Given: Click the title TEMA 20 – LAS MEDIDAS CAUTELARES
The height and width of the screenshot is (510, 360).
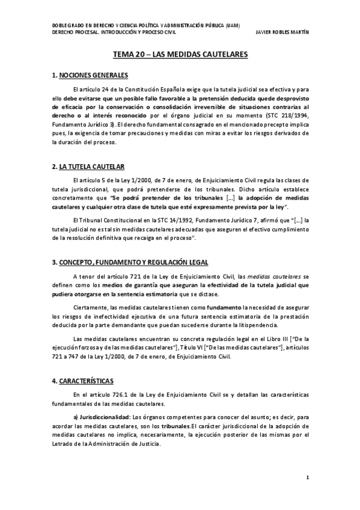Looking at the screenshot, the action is pos(180,55).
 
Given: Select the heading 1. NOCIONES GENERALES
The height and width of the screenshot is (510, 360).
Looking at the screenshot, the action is pos(90,75).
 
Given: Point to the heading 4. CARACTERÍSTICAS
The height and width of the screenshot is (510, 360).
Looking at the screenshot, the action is pos(83,381).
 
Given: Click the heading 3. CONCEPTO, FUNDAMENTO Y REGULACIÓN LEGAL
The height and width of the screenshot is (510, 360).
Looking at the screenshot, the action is pos(130,262).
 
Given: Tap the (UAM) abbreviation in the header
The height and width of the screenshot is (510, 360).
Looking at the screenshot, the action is pos(230,25).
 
